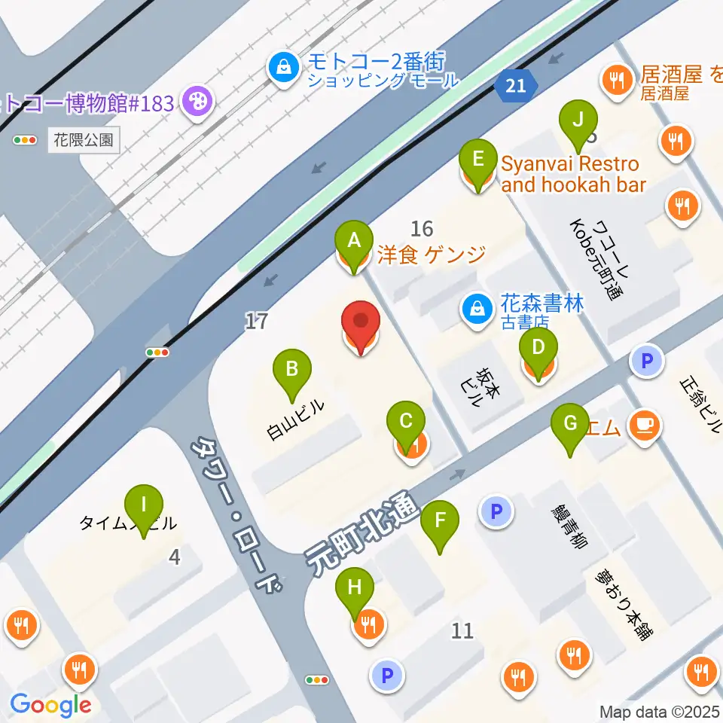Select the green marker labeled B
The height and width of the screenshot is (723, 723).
pos(293,369)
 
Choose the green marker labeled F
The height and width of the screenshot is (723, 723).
pos(440,520)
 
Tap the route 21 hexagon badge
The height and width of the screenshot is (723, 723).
pos(516,85)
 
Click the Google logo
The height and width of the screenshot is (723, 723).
pos(50,705)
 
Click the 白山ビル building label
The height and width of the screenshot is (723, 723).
pos(296,419)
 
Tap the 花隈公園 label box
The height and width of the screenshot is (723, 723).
pos(84,139)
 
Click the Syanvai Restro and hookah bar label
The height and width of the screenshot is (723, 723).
pos(572,173)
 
